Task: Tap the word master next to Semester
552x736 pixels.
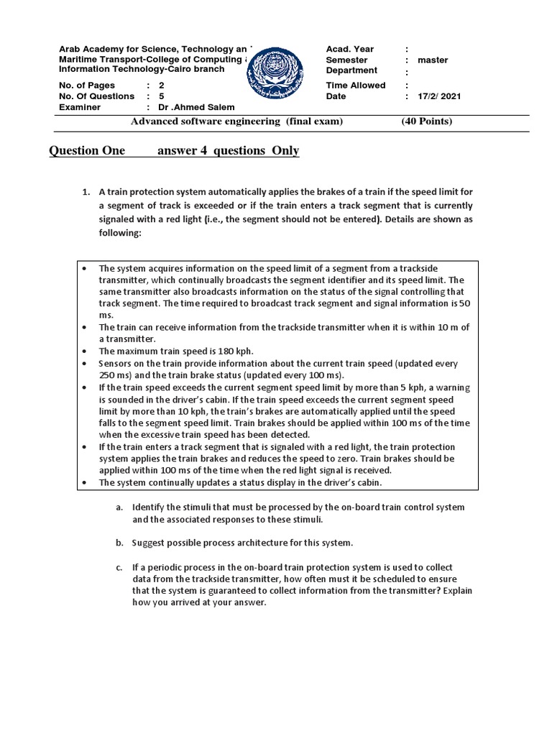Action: [x=433, y=60]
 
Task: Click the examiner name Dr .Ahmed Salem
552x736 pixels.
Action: [x=185, y=107]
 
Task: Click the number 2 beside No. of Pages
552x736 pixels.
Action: [x=161, y=86]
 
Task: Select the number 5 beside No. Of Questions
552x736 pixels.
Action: [x=161, y=96]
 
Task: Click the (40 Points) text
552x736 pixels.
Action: [x=427, y=121]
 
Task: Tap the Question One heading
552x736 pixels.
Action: [x=87, y=151]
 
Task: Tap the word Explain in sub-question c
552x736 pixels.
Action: [x=455, y=591]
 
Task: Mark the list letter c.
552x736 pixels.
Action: [x=118, y=568]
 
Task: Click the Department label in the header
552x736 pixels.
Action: [x=351, y=71]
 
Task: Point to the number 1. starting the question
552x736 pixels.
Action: [x=86, y=192]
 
